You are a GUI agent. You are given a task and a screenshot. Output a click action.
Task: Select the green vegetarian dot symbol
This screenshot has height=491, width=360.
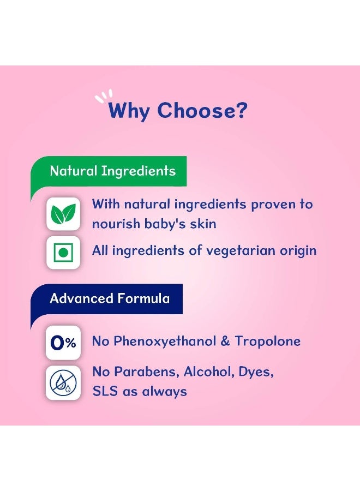pyautogui.click(x=63, y=253)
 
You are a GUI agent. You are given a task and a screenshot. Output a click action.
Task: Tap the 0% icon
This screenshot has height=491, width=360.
pyautogui.click(x=63, y=343)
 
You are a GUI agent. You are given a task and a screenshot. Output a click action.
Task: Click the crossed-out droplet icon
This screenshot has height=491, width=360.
pyautogui.click(x=63, y=382)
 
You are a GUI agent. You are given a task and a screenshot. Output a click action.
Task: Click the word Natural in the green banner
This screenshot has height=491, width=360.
pyautogui.click(x=74, y=171)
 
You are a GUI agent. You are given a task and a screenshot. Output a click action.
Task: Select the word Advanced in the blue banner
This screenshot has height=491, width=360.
pyautogui.click(x=81, y=298)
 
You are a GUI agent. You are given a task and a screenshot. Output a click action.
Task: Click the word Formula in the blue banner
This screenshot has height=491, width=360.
pyautogui.click(x=143, y=298)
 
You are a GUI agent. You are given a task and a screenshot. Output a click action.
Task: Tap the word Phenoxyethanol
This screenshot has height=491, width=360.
pyautogui.click(x=165, y=342)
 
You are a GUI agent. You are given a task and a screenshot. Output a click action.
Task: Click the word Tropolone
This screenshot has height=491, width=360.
pyautogui.click(x=268, y=342)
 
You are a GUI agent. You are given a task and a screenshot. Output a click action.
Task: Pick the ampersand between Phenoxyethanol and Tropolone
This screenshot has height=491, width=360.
pyautogui.click(x=225, y=342)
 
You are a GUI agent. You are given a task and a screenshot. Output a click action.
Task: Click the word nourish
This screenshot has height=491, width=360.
pyautogui.click(x=116, y=224)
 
